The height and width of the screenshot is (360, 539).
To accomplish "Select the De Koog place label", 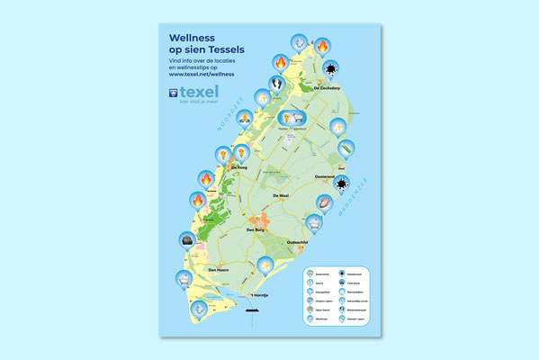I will (x=239, y=166).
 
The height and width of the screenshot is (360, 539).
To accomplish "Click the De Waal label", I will (x=279, y=195).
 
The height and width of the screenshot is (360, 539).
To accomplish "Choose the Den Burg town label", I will (x=258, y=229).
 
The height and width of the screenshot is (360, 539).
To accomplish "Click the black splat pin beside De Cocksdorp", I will (x=332, y=68).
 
